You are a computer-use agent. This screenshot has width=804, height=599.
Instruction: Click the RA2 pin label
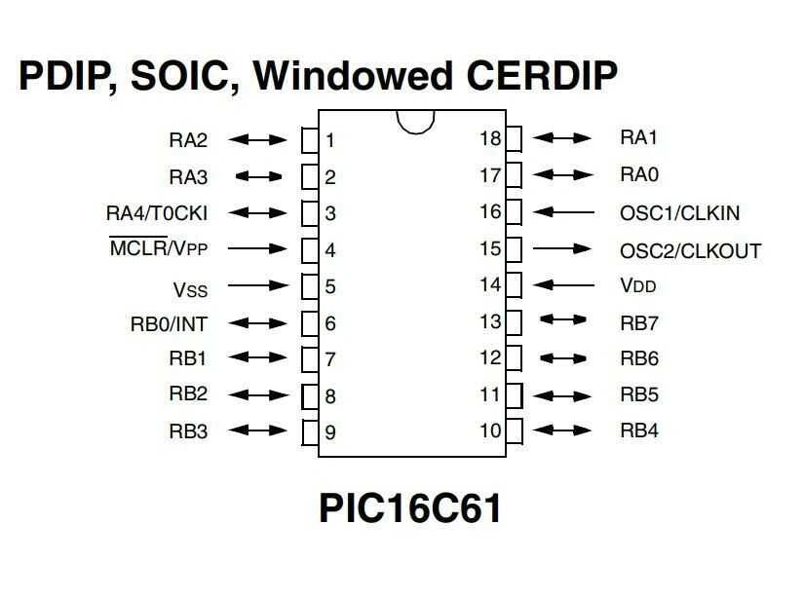[x=188, y=140]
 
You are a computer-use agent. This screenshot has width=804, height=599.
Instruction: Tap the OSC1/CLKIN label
[x=679, y=213]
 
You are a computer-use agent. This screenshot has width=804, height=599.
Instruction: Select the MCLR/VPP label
[x=158, y=248]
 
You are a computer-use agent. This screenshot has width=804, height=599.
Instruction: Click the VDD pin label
[x=638, y=286]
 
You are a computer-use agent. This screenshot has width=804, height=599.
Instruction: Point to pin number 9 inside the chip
[x=330, y=432]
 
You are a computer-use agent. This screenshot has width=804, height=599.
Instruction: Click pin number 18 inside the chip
[x=490, y=138]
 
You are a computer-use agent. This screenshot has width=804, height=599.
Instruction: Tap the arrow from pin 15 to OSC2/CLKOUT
[x=563, y=249]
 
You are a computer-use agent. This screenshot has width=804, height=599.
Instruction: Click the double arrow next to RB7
[x=563, y=319]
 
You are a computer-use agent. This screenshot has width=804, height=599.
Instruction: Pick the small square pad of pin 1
[x=310, y=140]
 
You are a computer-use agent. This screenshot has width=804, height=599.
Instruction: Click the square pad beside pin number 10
[x=514, y=431]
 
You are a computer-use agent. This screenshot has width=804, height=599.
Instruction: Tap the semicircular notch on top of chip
[x=415, y=121]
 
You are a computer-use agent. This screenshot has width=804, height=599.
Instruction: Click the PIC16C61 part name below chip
[x=409, y=508]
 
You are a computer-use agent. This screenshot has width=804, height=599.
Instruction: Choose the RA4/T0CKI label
[x=156, y=213]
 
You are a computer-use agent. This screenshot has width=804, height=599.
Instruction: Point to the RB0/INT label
[x=169, y=323]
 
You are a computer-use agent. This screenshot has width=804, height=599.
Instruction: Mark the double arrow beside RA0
[x=563, y=175]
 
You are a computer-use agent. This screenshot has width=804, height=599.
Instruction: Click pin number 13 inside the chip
[x=490, y=321]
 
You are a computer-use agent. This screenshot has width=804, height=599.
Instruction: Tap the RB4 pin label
[x=639, y=431]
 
